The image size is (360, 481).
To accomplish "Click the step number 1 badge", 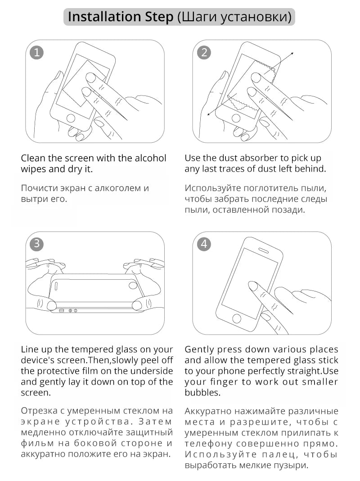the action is pyautogui.click(x=36, y=52).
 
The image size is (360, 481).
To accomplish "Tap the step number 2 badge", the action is pyautogui.click(x=204, y=52).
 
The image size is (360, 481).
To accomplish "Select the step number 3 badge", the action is pyautogui.click(x=36, y=244).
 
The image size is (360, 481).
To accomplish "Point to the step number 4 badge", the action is pyautogui.click(x=204, y=244).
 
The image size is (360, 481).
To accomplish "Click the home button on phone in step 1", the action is pyautogui.click(x=71, y=118).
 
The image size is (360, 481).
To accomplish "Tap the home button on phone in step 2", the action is pyautogui.click(x=236, y=118).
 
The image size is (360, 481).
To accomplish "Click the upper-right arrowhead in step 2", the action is pyautogui.click(x=292, y=54).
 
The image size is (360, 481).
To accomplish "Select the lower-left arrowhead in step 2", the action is pyautogui.click(x=209, y=114).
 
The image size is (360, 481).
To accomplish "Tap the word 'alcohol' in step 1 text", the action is pyautogui.click(x=150, y=158).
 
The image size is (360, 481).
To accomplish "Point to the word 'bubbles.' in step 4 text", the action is pyautogui.click(x=202, y=392).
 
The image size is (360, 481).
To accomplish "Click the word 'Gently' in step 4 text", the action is pyautogui.click(x=199, y=349).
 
